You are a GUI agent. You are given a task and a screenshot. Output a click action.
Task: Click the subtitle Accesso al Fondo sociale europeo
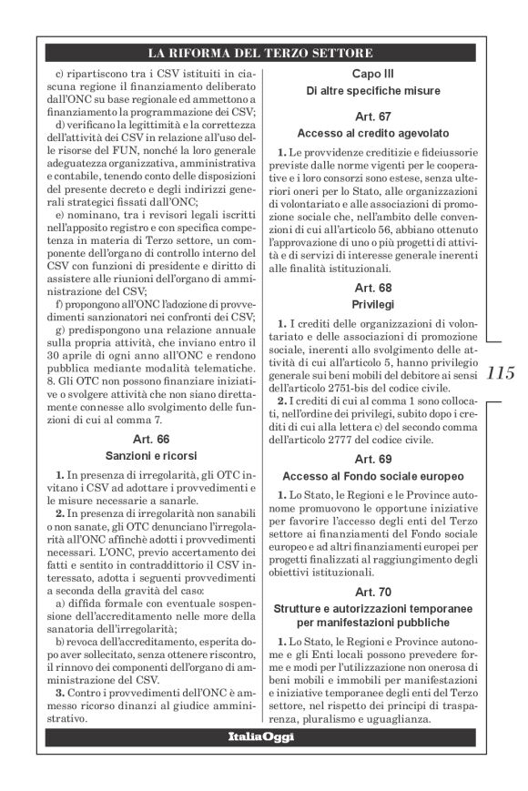pos(371,475)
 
